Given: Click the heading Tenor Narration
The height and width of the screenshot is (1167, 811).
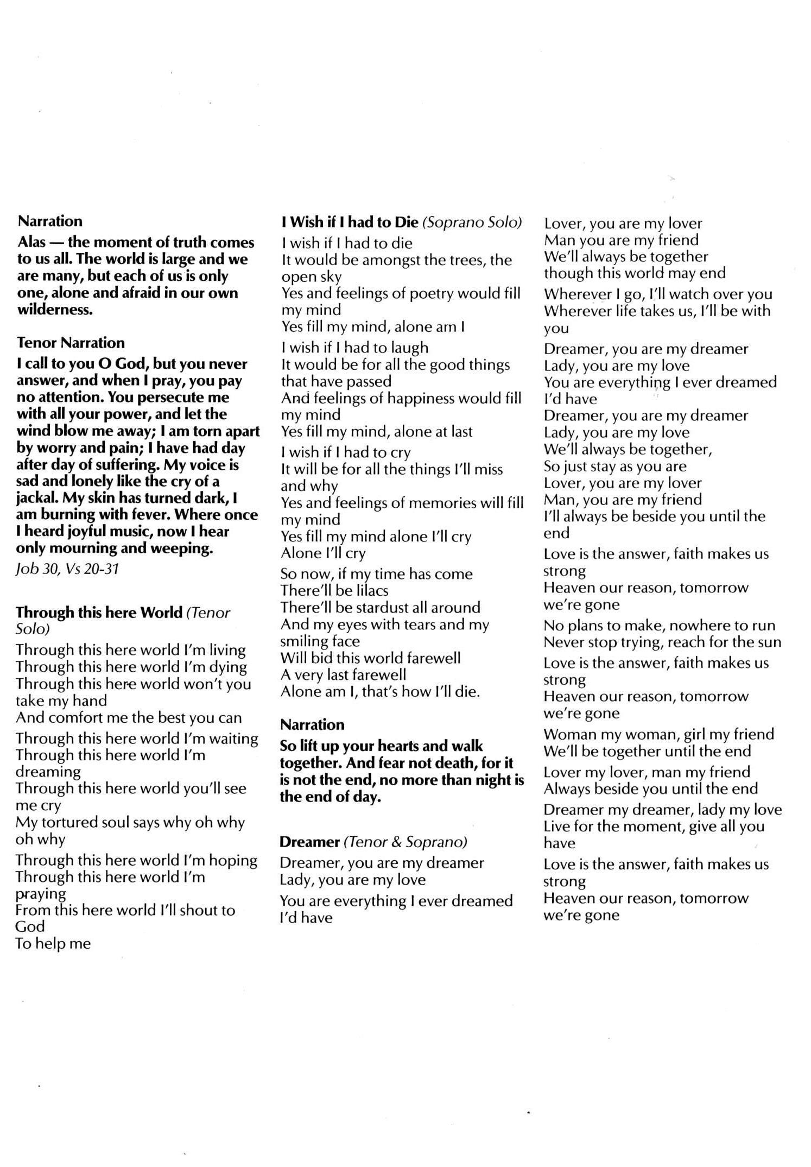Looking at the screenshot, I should [71, 343].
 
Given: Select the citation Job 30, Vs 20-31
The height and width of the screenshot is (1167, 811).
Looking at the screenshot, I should [67, 569].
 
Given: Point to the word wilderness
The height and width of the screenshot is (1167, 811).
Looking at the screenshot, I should [55, 310].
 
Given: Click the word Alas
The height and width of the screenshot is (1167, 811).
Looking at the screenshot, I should [32, 242].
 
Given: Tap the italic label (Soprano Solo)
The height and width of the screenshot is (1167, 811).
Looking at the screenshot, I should [472, 222].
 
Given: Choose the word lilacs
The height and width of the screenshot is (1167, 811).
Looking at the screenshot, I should [369, 590].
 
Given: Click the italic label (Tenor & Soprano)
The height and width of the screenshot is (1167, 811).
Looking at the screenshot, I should [405, 842].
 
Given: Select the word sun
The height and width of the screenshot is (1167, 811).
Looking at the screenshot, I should [768, 642].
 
